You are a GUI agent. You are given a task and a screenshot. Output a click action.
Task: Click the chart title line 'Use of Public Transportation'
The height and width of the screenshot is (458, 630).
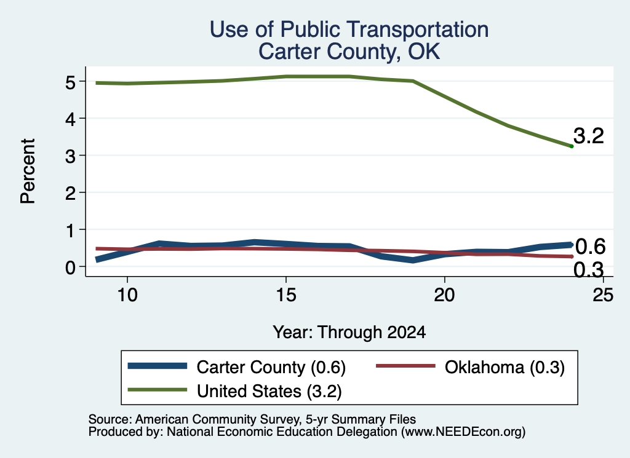click(x=349, y=30)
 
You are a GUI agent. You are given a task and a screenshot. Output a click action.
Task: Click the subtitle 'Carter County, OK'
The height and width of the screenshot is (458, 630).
click(x=349, y=52)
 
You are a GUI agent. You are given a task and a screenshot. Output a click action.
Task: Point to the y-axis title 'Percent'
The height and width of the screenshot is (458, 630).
click(x=28, y=171)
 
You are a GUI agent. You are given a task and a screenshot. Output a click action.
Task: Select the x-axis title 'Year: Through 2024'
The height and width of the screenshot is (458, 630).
click(x=349, y=333)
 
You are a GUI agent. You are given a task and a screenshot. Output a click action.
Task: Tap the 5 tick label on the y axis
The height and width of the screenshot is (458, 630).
click(x=70, y=82)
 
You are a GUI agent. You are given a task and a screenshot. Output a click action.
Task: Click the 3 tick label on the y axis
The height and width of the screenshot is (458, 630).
click(x=70, y=156)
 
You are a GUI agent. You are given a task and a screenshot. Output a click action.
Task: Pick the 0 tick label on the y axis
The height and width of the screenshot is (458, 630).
click(x=70, y=267)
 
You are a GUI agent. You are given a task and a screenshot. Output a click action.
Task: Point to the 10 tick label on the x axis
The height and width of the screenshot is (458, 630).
click(x=127, y=296)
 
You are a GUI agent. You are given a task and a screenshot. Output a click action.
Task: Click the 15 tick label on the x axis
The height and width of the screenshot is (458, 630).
click(x=286, y=296)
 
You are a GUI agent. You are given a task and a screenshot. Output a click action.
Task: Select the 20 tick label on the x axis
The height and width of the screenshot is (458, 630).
click(x=444, y=296)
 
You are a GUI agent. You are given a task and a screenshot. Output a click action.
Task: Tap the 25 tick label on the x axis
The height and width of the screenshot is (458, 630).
click(x=603, y=296)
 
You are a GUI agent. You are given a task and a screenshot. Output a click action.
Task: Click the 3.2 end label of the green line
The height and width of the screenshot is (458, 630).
click(x=589, y=136)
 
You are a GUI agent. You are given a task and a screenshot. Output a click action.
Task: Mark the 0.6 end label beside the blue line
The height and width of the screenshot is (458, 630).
click(x=590, y=247)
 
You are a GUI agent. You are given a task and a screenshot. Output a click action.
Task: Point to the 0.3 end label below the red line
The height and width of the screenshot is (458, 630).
click(x=589, y=270)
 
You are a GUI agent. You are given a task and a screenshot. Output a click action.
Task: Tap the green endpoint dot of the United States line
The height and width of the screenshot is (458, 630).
click(x=572, y=146)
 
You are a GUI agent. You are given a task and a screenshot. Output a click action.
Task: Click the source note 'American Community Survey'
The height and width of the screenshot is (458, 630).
click(x=218, y=419)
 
